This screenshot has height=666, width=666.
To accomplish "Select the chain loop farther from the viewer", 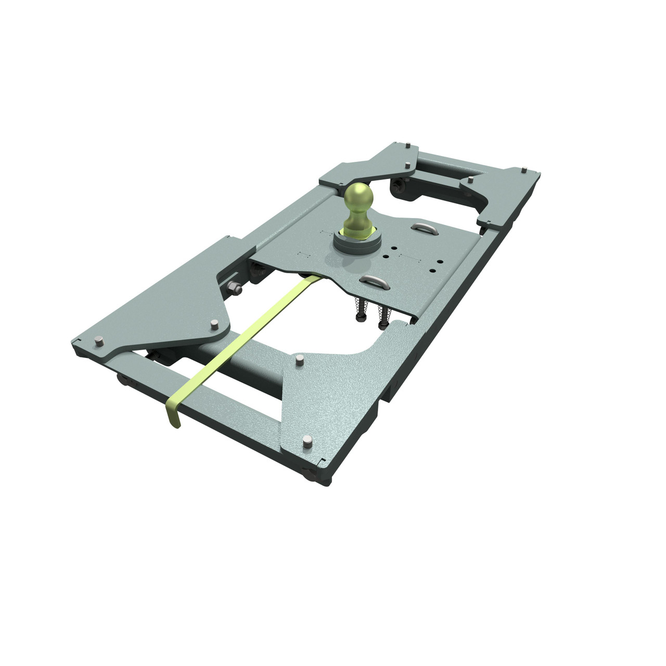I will pos(422,227).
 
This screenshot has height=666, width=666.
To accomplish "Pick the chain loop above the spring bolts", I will pos(376,281).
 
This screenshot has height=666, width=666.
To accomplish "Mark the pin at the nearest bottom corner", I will pos(307,443).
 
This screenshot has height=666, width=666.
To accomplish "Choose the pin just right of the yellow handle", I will pos(300,360).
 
